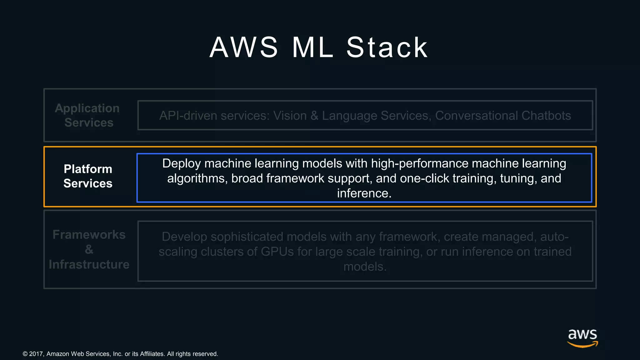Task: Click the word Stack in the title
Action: pos(387,47)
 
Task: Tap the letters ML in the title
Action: pos(313,47)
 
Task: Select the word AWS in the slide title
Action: pos(244,47)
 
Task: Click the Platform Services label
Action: pos(88,176)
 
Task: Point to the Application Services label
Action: pos(87,115)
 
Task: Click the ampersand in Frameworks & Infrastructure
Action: pos(89,249)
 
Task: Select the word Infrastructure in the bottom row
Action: pos(89,264)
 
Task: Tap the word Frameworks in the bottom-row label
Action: pos(89,234)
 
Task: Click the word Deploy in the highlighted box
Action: pos(181,164)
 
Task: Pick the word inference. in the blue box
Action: pos(364,193)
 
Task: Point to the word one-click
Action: pos(425,178)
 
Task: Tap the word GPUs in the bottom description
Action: pos(277,252)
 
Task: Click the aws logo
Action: pos(582,337)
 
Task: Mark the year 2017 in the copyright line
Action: pos(36,354)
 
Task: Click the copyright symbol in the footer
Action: pos(25,354)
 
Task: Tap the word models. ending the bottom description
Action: pos(365,267)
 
